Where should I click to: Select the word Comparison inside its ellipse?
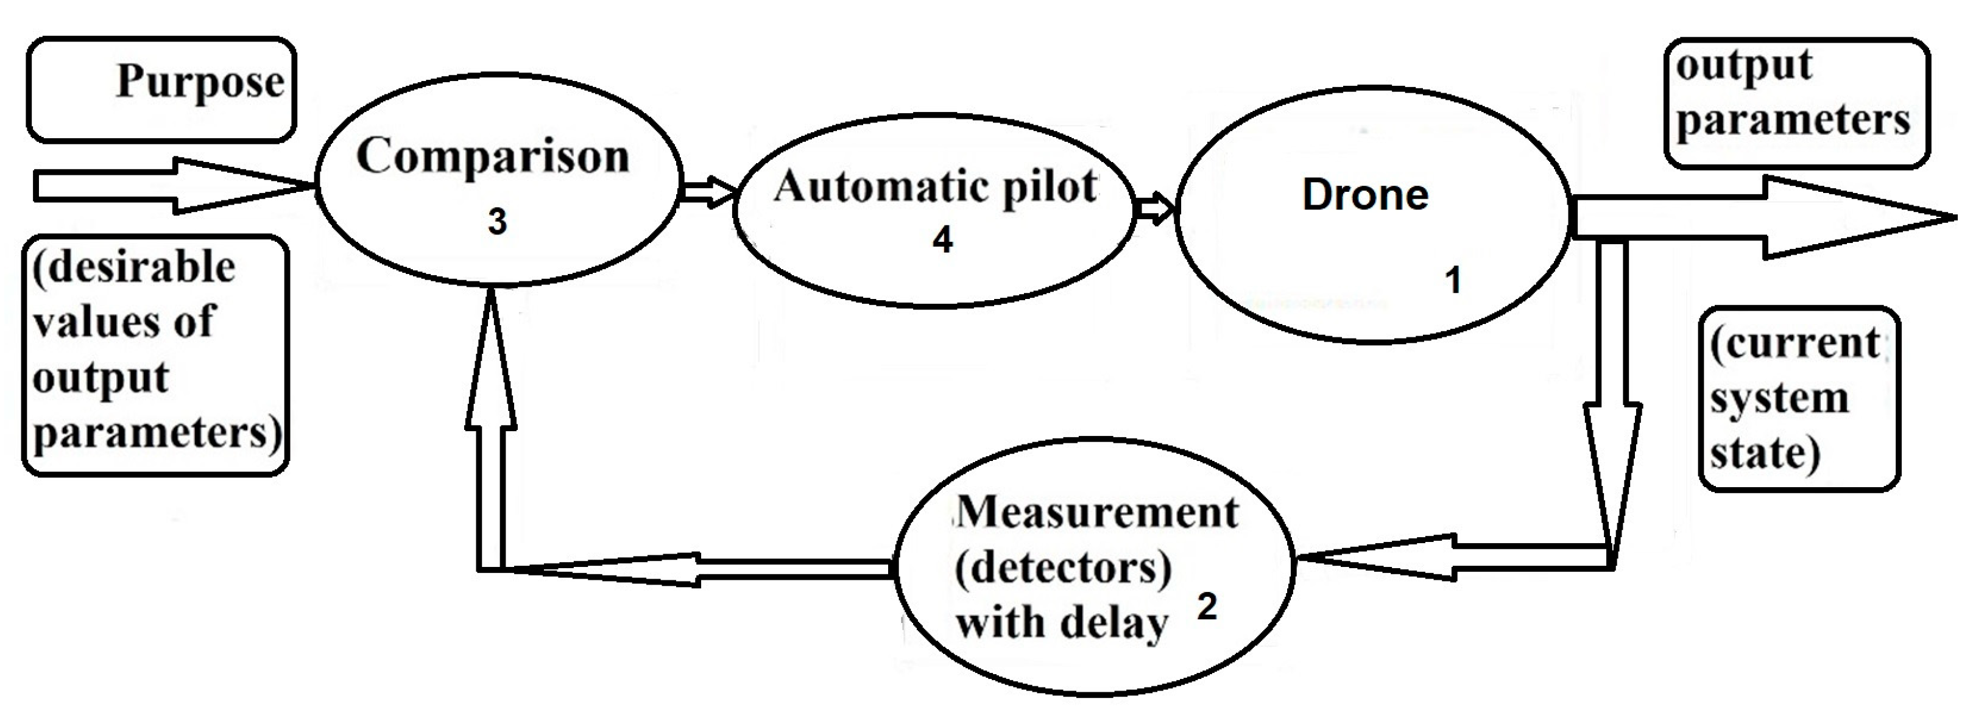492,157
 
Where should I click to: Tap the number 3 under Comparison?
497,222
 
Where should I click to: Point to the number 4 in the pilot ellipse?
942,240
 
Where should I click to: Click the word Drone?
1364,195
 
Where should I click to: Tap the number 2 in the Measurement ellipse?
1206,607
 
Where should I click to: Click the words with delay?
1061,623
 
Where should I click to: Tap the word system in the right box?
1779,399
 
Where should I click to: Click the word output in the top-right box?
1743,66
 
